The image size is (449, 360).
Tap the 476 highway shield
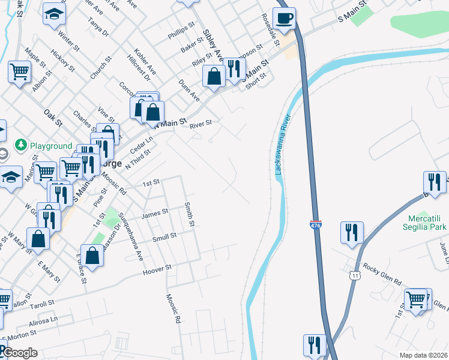click(316, 225)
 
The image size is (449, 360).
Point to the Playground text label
click(51, 146)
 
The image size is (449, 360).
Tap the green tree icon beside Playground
click(21, 145)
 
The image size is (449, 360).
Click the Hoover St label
click(157, 270)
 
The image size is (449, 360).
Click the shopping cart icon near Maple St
click(20, 72)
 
